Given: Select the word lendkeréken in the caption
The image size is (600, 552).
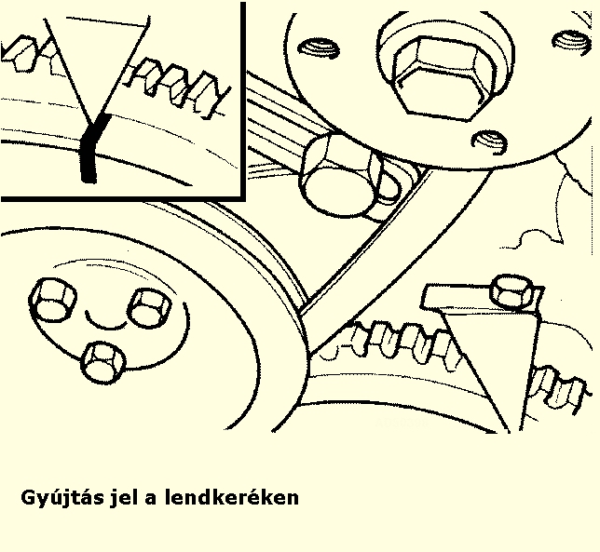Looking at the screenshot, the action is pyautogui.click(x=232, y=497).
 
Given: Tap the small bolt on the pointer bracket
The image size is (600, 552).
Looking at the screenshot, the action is pyautogui.click(x=511, y=291).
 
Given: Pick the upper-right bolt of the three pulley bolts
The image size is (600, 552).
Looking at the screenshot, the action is pyautogui.click(x=149, y=308).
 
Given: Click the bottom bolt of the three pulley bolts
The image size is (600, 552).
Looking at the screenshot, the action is pyautogui.click(x=103, y=362).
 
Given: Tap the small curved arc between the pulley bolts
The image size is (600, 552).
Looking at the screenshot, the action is pyautogui.click(x=105, y=323).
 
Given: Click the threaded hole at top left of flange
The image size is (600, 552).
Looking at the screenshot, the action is pyautogui.click(x=319, y=47).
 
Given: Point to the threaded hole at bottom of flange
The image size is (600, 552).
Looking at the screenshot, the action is pyautogui.click(x=490, y=142).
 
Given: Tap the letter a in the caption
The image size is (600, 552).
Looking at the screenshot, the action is pyautogui.click(x=151, y=499).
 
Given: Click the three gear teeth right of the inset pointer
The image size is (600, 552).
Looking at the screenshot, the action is pyautogui.click(x=178, y=88).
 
